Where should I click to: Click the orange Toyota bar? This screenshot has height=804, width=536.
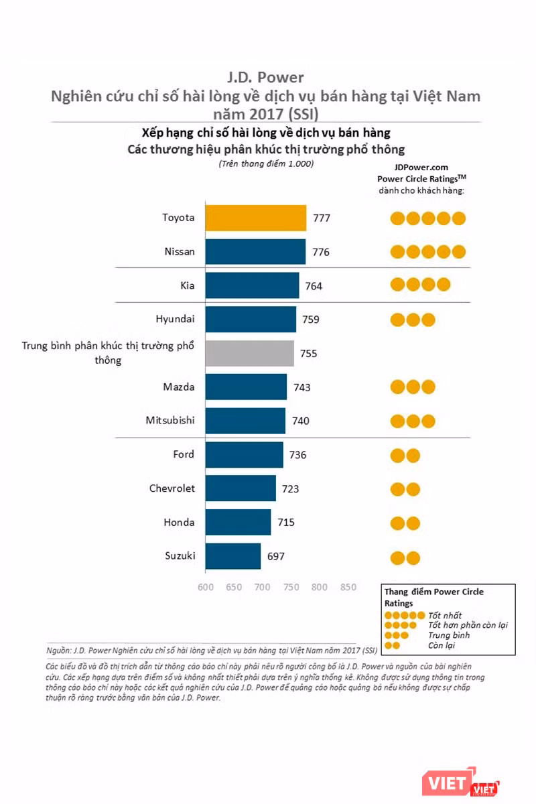(255, 218)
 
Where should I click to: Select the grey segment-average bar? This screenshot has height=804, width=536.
(249, 354)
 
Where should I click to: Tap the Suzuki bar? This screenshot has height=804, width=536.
(232, 556)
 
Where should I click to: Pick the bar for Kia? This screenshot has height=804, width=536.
(252, 285)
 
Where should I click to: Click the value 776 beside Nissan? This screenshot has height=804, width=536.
(321, 253)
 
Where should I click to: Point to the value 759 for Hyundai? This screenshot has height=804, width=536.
(310, 320)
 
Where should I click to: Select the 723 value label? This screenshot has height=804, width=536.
(290, 489)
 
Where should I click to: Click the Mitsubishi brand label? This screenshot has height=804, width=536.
(170, 421)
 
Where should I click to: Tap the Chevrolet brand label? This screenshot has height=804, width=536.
(172, 488)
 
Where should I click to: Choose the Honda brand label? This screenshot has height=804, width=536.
(179, 523)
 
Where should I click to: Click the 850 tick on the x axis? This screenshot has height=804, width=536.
(348, 588)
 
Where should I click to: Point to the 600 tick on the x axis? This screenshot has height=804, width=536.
(206, 588)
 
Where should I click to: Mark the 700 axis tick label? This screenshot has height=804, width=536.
(263, 588)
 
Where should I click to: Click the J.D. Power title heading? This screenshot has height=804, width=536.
(266, 78)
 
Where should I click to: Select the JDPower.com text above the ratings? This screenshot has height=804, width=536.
(421, 168)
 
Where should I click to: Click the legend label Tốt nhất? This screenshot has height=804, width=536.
(445, 615)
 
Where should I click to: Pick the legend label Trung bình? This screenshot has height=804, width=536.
(449, 635)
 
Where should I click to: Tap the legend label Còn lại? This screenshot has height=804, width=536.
(441, 645)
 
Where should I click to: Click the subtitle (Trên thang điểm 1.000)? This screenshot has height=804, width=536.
(266, 163)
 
